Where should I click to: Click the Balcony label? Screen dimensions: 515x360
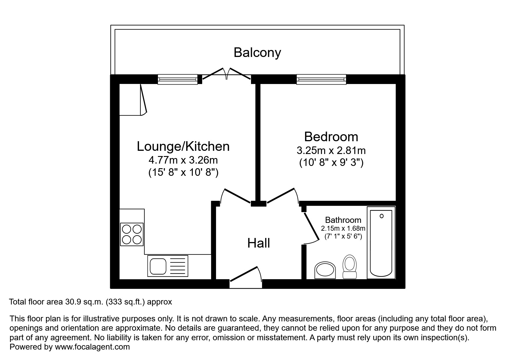point(257,53)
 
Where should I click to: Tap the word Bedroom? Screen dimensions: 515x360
point(331,137)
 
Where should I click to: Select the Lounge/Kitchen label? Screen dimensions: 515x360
point(183,146)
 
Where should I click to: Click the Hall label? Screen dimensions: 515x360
point(259,243)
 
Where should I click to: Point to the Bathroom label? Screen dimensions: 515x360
point(343,220)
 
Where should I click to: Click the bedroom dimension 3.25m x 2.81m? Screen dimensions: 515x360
point(331,151)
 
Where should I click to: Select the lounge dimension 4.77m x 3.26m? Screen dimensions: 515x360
point(183,160)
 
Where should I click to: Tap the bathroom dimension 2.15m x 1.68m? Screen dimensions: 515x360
point(343,228)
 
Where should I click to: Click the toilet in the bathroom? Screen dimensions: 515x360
point(350,267)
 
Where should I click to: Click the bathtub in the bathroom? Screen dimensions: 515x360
point(381,243)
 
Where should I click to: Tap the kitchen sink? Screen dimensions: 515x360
point(168,266)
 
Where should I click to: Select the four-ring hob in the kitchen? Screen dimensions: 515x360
point(132,234)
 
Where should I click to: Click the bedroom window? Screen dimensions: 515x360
point(321,79)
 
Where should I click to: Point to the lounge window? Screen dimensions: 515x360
point(177,79)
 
